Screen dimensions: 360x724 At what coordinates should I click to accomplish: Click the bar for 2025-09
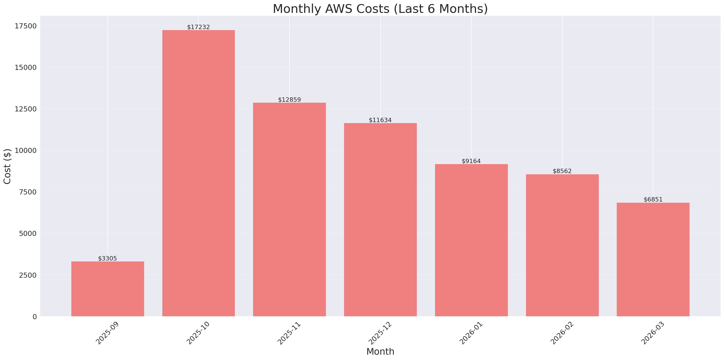(x=108, y=289)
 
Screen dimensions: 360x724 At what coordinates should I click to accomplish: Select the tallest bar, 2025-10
(x=198, y=173)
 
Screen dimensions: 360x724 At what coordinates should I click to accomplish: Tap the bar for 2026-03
(x=653, y=259)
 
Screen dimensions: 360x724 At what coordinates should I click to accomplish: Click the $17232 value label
(x=198, y=27)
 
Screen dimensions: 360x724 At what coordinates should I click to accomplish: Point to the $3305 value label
(x=107, y=259)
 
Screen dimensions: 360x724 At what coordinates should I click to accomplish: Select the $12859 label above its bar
(x=289, y=100)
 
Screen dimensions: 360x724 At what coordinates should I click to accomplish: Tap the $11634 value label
(x=380, y=120)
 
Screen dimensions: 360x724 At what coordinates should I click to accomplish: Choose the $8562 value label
(x=562, y=171)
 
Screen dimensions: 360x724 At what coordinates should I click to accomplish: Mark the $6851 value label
(x=653, y=199)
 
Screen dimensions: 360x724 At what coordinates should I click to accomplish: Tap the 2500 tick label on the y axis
(x=28, y=275)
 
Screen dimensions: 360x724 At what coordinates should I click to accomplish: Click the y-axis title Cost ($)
(x=7, y=166)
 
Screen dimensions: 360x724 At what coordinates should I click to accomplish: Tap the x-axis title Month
(x=380, y=352)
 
